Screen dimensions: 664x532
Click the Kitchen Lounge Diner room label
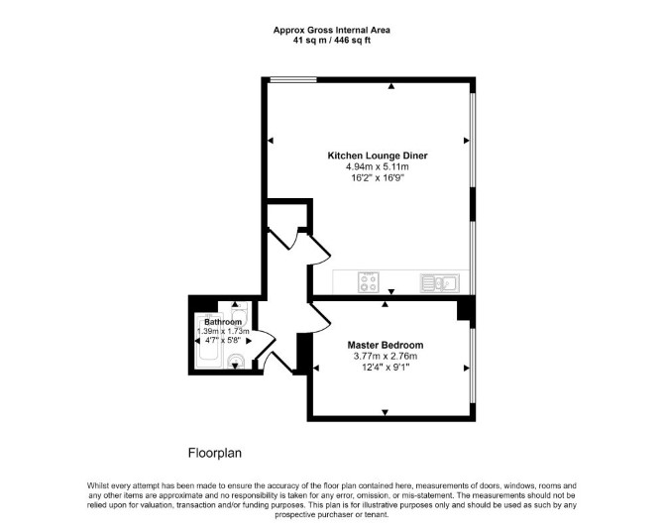point(378,156)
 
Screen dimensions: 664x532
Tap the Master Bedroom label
point(385,345)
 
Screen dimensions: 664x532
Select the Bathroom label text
point(223,322)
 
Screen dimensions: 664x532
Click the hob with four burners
point(368,282)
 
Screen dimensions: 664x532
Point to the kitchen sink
point(440,283)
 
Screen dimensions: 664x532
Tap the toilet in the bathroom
point(239,312)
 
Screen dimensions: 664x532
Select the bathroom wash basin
point(236,361)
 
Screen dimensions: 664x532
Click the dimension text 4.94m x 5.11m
point(377,166)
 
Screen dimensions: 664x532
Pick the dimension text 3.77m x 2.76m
point(385,357)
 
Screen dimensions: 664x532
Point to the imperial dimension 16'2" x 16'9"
point(377,177)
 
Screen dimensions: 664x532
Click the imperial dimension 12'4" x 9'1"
point(385,368)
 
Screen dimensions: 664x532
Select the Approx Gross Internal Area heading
point(332,30)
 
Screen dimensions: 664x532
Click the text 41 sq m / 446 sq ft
point(332,41)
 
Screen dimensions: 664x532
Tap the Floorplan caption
point(215,454)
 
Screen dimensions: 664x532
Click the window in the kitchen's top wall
point(293,79)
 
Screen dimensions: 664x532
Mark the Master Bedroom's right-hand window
point(473,367)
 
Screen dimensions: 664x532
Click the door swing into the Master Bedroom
point(318,314)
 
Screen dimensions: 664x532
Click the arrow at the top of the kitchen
point(391,86)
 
